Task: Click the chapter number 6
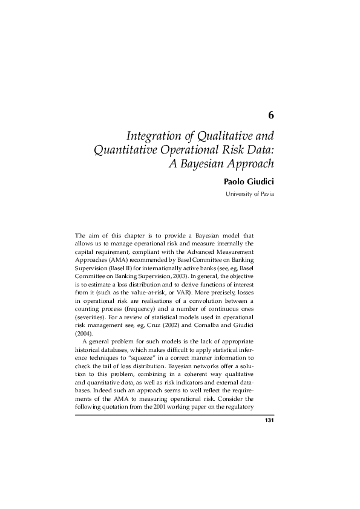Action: point(271,115)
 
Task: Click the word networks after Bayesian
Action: point(218,368)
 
